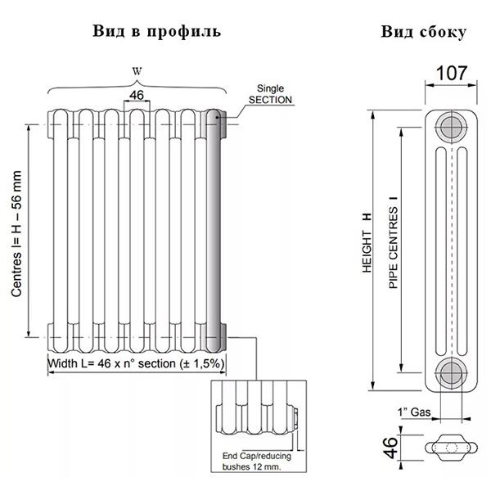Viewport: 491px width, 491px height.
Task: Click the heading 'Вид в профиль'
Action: [x=157, y=31]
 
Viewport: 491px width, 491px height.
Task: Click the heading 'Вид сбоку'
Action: [x=424, y=32]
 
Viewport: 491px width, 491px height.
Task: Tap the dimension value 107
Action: [x=451, y=73]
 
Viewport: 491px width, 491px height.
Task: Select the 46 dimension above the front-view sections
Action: [x=137, y=96]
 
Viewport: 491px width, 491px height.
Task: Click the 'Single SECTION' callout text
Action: [x=270, y=93]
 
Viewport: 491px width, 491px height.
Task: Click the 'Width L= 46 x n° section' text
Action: [x=137, y=363]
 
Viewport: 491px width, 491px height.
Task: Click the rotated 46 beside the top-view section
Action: [x=391, y=447]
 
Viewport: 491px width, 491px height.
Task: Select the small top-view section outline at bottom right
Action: [x=449, y=447]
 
